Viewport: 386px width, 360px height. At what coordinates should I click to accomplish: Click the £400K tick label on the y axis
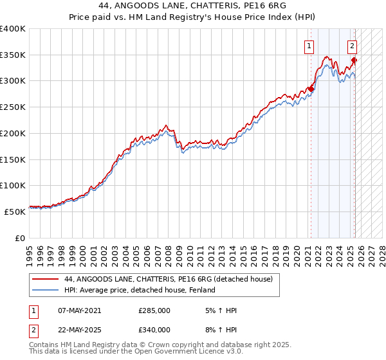[13, 29]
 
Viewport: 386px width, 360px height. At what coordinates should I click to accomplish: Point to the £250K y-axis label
[13, 107]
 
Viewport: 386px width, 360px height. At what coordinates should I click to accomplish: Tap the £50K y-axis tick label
[15, 212]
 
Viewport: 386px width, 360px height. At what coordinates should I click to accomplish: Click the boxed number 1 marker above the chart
[309, 46]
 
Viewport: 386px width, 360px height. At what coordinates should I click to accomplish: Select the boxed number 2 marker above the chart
[353, 46]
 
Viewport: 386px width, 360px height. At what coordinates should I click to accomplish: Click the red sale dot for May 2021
[311, 89]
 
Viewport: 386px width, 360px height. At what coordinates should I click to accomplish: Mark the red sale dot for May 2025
[354, 60]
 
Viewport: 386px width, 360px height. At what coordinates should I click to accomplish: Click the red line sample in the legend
[46, 279]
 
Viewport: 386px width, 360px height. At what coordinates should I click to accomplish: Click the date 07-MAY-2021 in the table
[80, 310]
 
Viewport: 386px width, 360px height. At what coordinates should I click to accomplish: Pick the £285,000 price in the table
[154, 310]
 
